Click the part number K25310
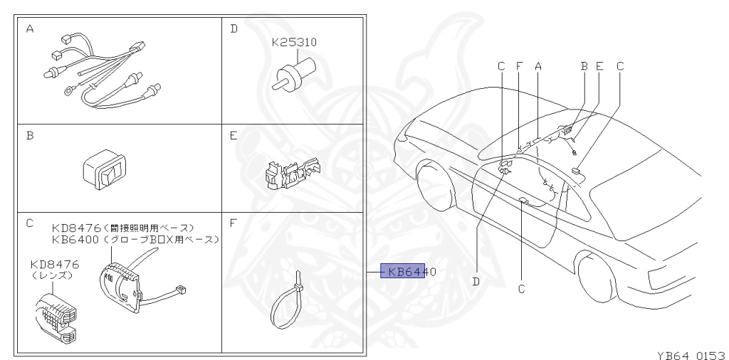tap(294, 43)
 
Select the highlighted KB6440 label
tap(404, 271)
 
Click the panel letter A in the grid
tap(30, 29)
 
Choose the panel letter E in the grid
tap(233, 134)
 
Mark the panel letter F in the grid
tap(233, 223)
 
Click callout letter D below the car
tap(476, 282)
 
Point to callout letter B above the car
tap(584, 65)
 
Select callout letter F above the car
tap(519, 65)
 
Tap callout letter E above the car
tap(599, 65)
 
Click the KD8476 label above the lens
tap(55, 264)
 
